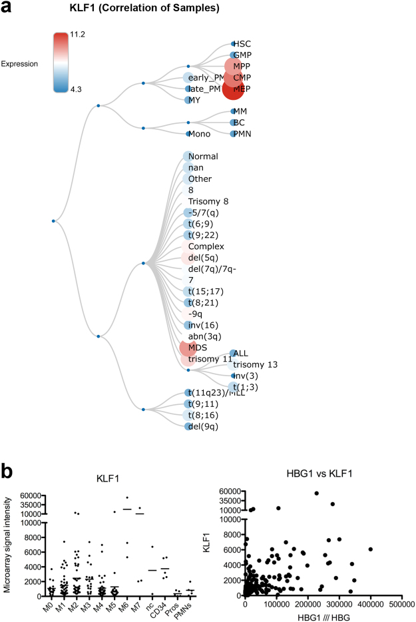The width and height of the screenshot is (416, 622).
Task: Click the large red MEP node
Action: [233, 89]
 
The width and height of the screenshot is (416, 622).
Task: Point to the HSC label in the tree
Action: [242, 44]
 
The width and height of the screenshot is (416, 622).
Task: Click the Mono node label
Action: [199, 134]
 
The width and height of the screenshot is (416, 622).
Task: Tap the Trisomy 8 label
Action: [210, 201]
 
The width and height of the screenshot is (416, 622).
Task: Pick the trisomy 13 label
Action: [255, 364]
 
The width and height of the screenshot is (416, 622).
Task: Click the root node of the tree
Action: [53, 221]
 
